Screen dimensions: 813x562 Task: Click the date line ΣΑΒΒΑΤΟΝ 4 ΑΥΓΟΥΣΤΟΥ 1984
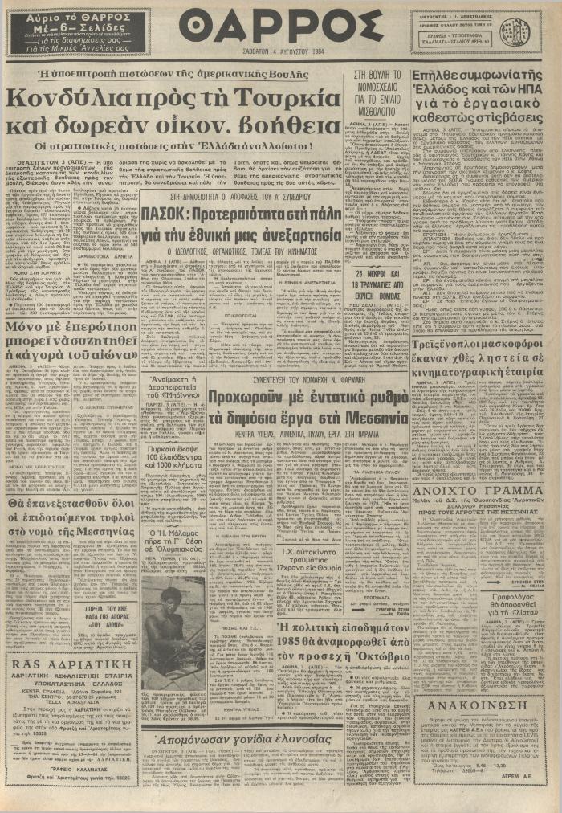point(282,56)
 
